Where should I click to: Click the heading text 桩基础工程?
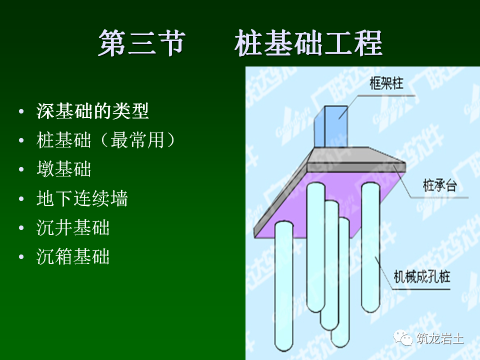[308, 44]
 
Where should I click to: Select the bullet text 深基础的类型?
[92, 111]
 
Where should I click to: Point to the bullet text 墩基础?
[64, 169]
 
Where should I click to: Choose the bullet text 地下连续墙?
[82, 198]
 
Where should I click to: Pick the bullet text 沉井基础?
[73, 228]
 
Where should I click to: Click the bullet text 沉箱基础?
[73, 257]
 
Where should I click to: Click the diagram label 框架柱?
[386, 82]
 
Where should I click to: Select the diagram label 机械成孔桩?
[421, 275]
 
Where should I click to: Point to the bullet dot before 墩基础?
[20, 169]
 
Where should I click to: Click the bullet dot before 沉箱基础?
[20, 257]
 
